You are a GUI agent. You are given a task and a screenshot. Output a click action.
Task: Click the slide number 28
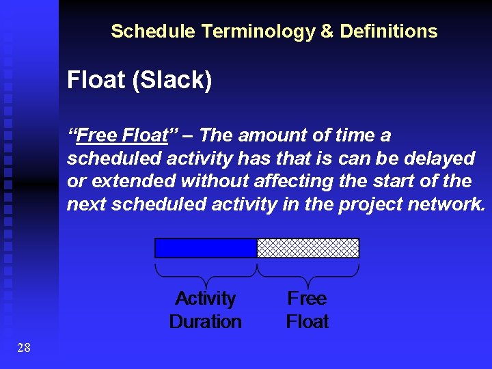point(24,348)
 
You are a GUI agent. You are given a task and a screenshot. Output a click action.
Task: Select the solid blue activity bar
point(206,247)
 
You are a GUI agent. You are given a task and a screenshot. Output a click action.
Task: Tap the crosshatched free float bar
point(307,247)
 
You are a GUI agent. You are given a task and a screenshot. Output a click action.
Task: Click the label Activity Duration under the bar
point(205,310)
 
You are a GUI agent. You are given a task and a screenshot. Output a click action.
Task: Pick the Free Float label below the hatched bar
point(307,310)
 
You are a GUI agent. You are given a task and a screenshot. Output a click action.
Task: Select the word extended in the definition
point(124,181)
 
